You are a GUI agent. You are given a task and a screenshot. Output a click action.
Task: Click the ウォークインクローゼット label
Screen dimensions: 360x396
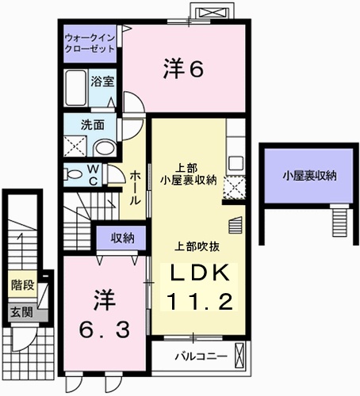(x=90, y=44)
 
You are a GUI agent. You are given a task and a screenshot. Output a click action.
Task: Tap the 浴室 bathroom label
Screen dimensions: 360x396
(x=102, y=82)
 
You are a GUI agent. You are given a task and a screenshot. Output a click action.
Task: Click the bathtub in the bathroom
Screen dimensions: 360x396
(x=76, y=88)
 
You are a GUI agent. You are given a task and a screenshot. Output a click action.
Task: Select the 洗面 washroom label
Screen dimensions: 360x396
(x=92, y=125)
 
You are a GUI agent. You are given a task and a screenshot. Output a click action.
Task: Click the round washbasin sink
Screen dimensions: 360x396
(x=105, y=148)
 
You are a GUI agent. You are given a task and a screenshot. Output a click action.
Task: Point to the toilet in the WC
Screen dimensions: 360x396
(x=72, y=174)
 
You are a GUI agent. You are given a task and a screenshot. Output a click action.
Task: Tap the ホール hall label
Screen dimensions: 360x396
(x=135, y=188)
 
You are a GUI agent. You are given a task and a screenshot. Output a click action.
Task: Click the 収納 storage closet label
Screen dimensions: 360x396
(x=122, y=238)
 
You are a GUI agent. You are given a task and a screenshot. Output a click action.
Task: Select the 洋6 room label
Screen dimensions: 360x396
(x=183, y=69)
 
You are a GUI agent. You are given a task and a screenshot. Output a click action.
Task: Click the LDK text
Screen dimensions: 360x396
(x=200, y=273)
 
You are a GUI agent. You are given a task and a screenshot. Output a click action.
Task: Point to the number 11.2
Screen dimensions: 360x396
(x=200, y=302)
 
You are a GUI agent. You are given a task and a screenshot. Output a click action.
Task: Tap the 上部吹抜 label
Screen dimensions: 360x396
(x=197, y=246)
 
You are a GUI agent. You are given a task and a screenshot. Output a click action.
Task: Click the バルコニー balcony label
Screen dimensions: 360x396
(x=201, y=356)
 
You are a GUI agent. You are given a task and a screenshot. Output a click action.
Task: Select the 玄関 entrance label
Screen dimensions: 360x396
(x=22, y=313)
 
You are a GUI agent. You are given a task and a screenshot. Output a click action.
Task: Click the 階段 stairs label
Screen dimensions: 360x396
(x=23, y=285)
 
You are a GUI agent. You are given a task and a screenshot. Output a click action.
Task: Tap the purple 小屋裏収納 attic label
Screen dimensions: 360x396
(x=309, y=176)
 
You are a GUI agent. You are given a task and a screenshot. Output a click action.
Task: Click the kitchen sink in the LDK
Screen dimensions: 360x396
(x=236, y=163)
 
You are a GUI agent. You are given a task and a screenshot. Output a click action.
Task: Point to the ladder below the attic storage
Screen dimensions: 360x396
(x=339, y=220)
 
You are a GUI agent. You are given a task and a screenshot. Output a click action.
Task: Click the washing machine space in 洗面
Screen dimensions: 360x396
(x=75, y=146)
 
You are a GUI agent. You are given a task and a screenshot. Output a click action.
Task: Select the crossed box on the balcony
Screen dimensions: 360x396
(x=239, y=355)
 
